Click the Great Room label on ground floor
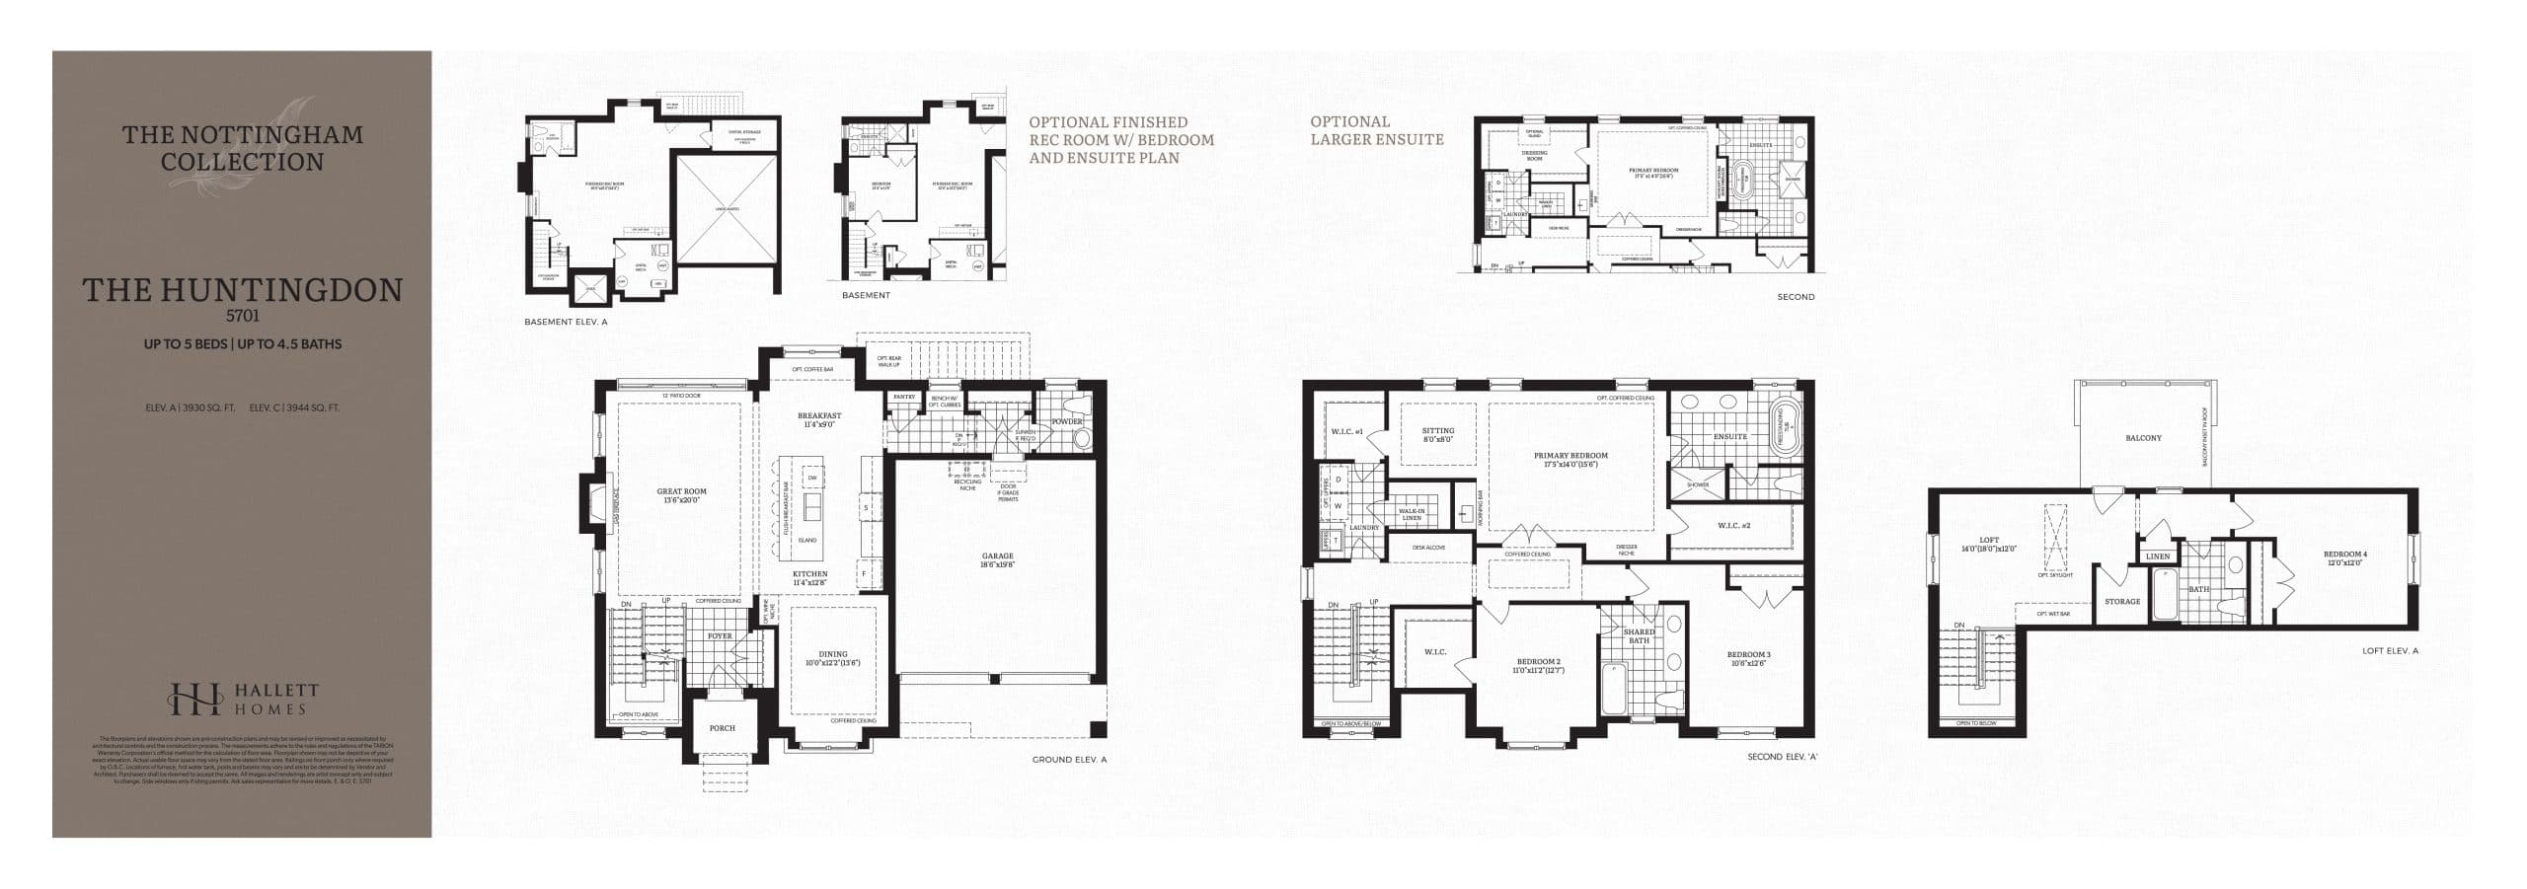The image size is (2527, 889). pyautogui.click(x=681, y=491)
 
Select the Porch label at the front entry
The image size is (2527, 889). pyautogui.click(x=722, y=728)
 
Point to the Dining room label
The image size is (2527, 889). pyautogui.click(x=832, y=654)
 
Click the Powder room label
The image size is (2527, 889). pyautogui.click(x=1067, y=421)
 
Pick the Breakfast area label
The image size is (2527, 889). pyautogui.click(x=819, y=415)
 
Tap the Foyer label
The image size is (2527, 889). pyautogui.click(x=720, y=636)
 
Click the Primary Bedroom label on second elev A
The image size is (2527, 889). pyautogui.click(x=1570, y=456)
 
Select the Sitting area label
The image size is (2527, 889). pyautogui.click(x=1437, y=431)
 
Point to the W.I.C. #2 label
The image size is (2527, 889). pyautogui.click(x=1733, y=526)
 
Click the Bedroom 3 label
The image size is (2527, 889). pyautogui.click(x=1748, y=655)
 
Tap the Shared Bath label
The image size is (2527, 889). pyautogui.click(x=1639, y=636)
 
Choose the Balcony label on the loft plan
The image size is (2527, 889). pyautogui.click(x=2143, y=438)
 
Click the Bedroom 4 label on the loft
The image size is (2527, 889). pyautogui.click(x=2344, y=555)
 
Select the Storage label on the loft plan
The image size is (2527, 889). pyautogui.click(x=2122, y=602)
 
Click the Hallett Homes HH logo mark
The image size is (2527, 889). pyautogui.click(x=195, y=699)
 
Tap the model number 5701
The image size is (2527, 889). pyautogui.click(x=242, y=318)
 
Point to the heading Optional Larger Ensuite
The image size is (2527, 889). pyautogui.click(x=1376, y=130)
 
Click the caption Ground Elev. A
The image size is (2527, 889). pyautogui.click(x=1069, y=760)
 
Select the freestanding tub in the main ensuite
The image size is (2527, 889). pyautogui.click(x=1785, y=427)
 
